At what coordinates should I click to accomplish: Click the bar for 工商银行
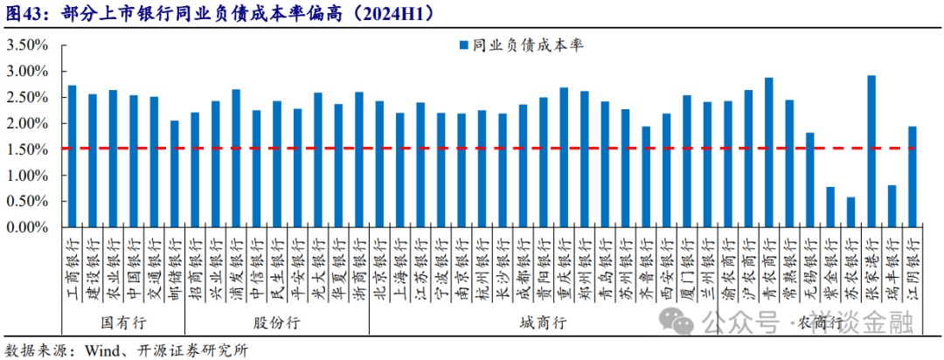pyautogui.click(x=72, y=156)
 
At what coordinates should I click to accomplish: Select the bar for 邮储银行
pyautogui.click(x=174, y=174)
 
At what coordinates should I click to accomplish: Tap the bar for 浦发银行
pyautogui.click(x=235, y=158)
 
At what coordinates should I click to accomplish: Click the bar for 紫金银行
pyautogui.click(x=830, y=207)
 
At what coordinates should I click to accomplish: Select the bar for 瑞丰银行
pyautogui.click(x=892, y=206)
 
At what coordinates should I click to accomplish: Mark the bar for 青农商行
pyautogui.click(x=768, y=153)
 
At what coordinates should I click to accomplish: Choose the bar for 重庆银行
pyautogui.click(x=564, y=157)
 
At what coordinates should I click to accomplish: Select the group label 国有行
pyautogui.click(x=122, y=322)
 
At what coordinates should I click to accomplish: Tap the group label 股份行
pyautogui.click(x=276, y=322)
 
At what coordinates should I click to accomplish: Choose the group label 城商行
pyautogui.click(x=542, y=322)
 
